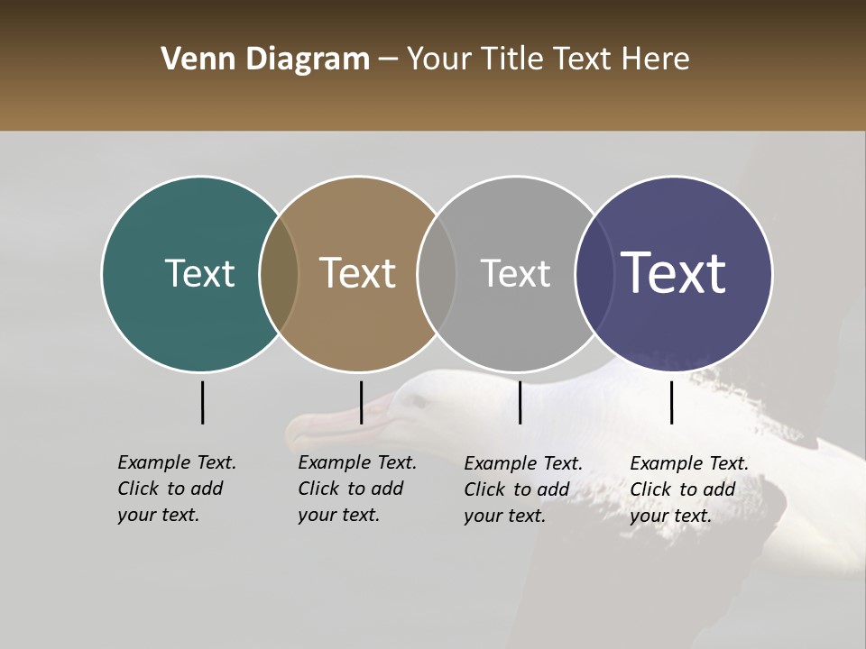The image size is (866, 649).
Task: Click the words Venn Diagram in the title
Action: pyautogui.click(x=265, y=59)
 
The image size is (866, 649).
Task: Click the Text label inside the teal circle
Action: pyautogui.click(x=199, y=273)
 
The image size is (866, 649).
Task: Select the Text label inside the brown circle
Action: pyautogui.click(x=358, y=273)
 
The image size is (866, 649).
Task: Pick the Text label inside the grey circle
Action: pyautogui.click(x=515, y=273)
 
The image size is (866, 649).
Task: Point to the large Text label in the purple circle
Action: pyautogui.click(x=674, y=273)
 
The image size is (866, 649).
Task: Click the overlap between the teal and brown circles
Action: pyautogui.click(x=279, y=273)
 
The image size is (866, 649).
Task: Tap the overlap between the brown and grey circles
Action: pyautogui.click(x=437, y=273)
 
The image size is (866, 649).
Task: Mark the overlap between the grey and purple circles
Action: pyautogui.click(x=593, y=273)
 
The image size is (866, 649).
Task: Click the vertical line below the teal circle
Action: pyautogui.click(x=203, y=402)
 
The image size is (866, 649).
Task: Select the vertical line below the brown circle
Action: pyautogui.click(x=361, y=402)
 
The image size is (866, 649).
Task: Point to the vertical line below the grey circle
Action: pyautogui.click(x=520, y=402)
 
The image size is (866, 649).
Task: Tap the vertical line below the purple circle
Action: pyautogui.click(x=671, y=402)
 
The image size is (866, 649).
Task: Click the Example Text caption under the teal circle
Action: pyautogui.click(x=177, y=489)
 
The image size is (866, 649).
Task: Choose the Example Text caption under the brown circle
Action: pyautogui.click(x=357, y=489)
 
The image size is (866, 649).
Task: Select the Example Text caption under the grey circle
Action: pyautogui.click(x=523, y=489)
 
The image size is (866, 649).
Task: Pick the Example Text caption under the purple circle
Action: pyautogui.click(x=689, y=489)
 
